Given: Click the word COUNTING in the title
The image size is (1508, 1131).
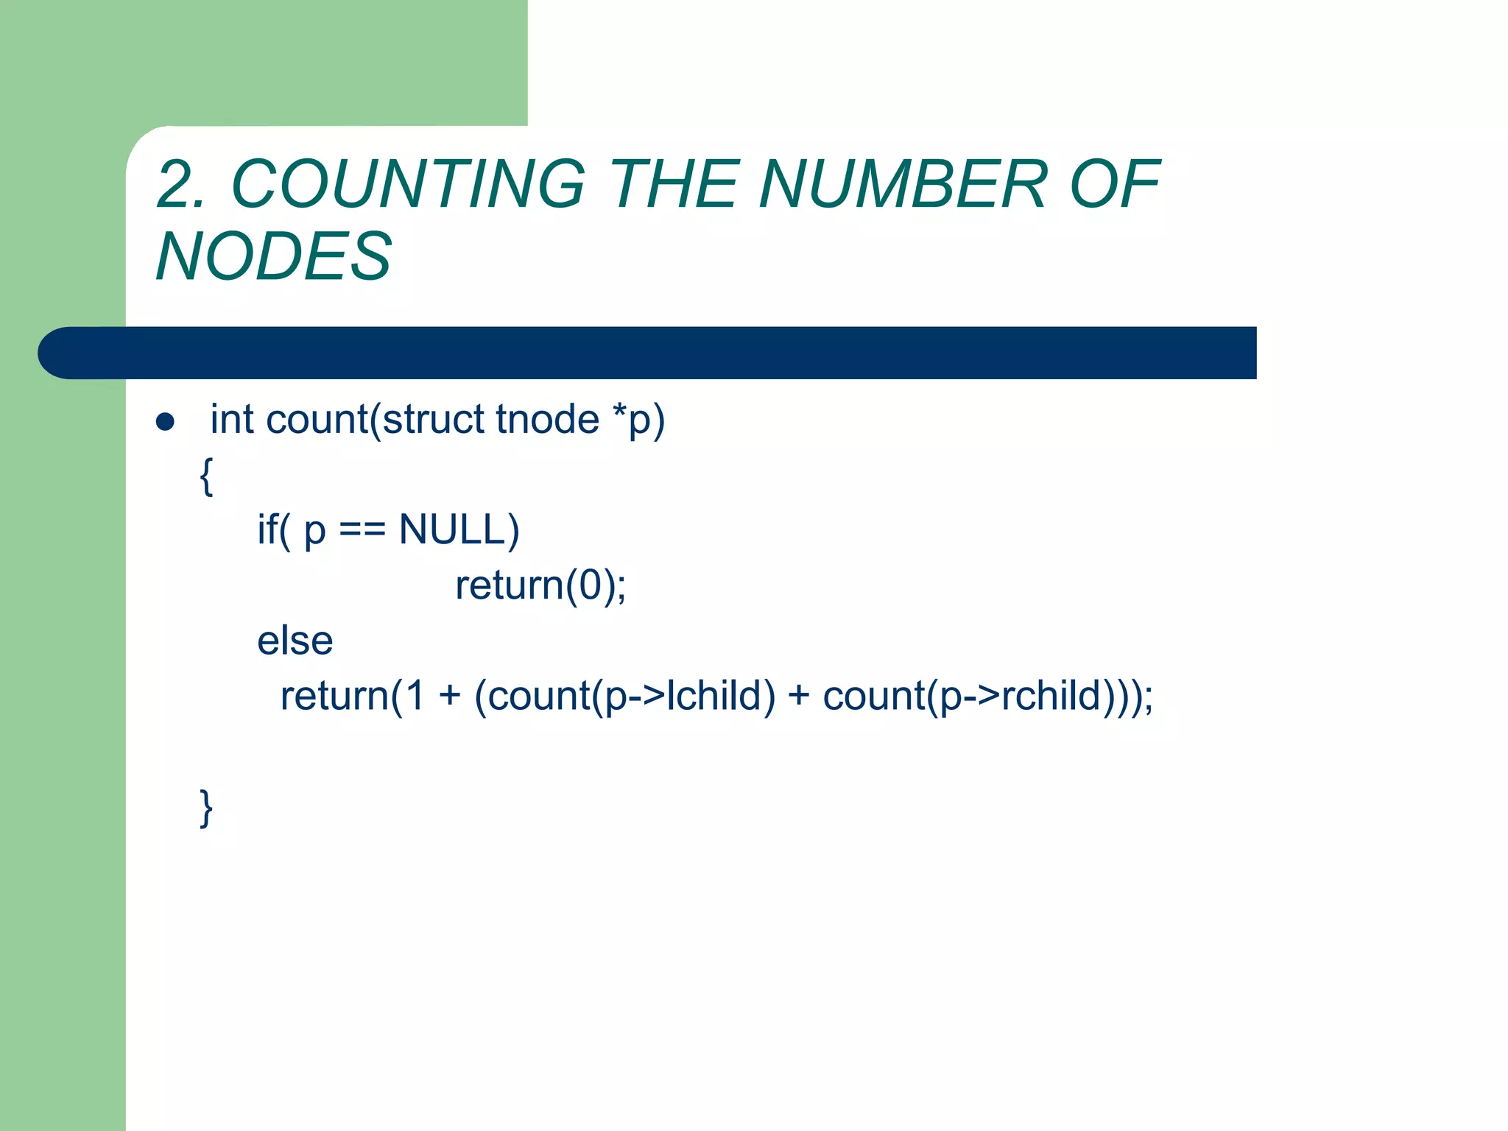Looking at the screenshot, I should coord(409,184).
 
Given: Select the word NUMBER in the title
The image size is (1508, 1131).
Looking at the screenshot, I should coord(902,184).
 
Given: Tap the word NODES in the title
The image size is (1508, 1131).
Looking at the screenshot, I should coord(274,256).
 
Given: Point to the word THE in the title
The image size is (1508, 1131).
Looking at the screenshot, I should coord(674,184).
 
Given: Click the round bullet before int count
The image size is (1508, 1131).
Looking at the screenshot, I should coord(165,422).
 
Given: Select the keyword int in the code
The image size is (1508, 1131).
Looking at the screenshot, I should coord(231,420).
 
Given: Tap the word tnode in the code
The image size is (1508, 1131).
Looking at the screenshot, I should coord(548,420).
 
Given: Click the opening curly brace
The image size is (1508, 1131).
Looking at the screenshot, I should coord(207,476).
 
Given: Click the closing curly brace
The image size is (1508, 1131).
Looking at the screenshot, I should coord(207,808).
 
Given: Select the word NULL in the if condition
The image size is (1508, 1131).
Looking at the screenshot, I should coord(459,530).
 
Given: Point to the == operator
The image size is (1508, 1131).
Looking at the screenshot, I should coord(362,532).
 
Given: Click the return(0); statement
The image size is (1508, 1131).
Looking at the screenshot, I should coord(540,585).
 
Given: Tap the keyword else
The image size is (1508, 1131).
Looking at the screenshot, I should coord(295,641).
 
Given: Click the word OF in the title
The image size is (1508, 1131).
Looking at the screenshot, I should coord(1114,184).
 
